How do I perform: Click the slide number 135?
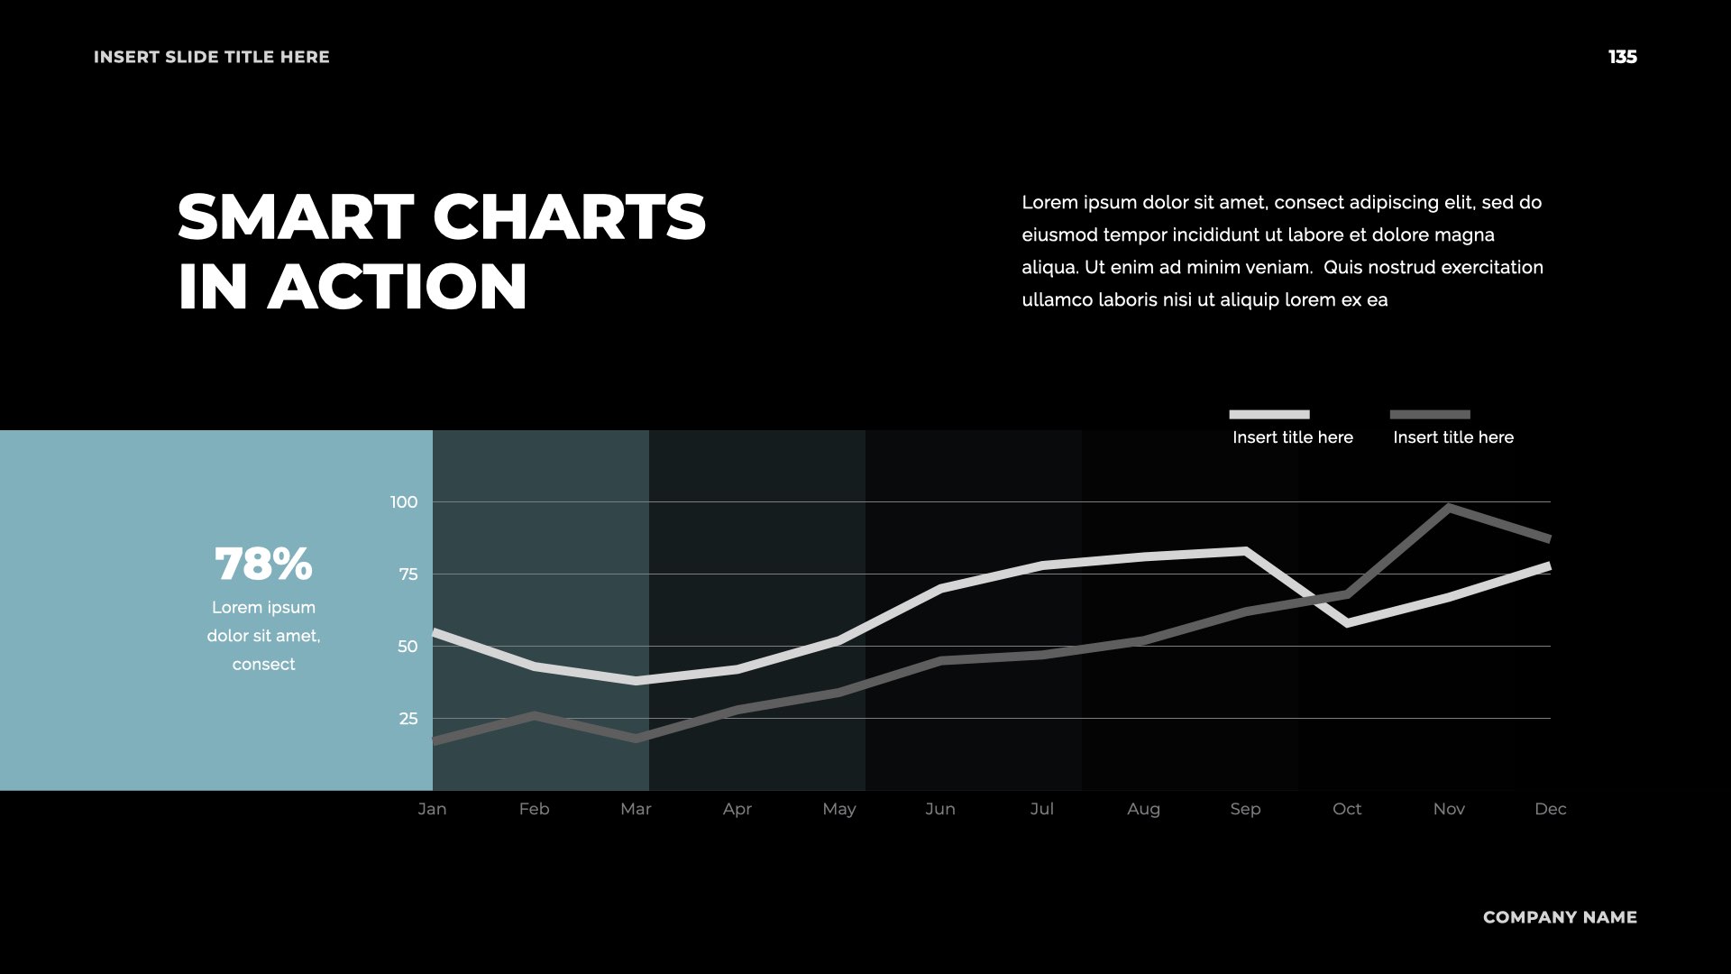point(1622,57)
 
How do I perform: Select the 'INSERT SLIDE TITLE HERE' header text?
point(212,57)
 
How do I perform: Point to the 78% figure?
point(263,565)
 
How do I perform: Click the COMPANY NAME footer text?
point(1560,917)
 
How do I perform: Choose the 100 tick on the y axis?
point(404,502)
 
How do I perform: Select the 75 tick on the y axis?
point(408,574)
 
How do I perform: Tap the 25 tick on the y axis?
point(408,719)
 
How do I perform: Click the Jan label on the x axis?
point(432,809)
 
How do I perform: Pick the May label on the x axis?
point(838,809)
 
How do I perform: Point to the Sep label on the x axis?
point(1245,809)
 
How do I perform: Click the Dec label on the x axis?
point(1550,809)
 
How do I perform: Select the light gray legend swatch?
point(1268,415)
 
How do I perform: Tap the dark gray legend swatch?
point(1429,415)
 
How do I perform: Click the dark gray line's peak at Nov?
point(1449,508)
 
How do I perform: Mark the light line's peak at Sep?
point(1245,550)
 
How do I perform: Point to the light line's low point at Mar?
point(636,681)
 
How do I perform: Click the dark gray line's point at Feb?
point(534,716)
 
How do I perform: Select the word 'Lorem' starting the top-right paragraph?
point(1049,203)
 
